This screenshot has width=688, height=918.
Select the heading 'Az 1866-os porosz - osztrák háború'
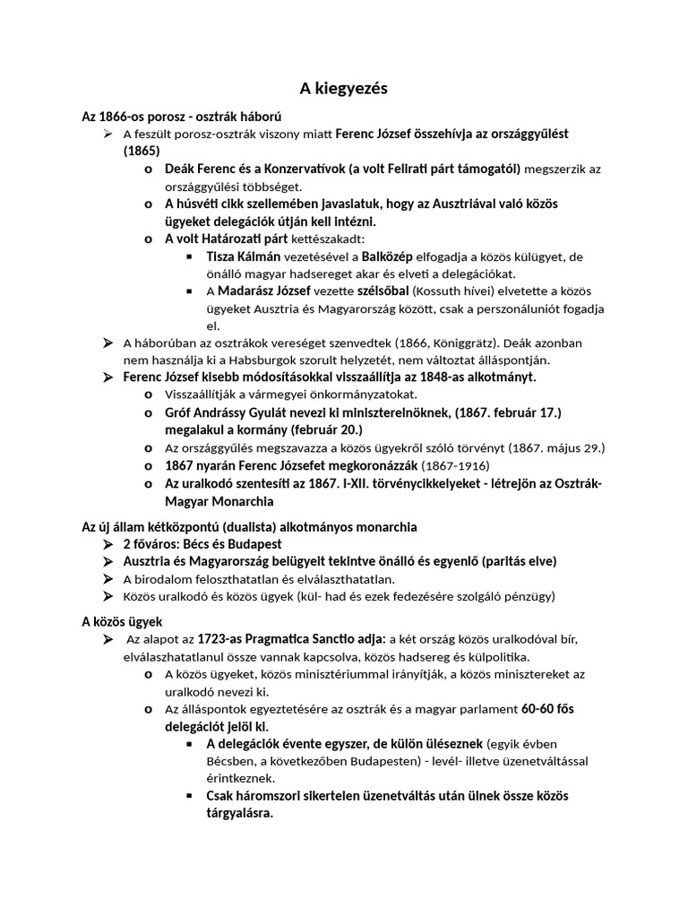pos(182,117)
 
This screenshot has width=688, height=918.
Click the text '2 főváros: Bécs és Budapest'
pos(202,544)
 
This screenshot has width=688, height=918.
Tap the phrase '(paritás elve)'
pos(518,561)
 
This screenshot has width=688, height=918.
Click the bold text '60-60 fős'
pos(548,709)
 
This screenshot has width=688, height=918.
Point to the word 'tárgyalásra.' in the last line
pos(239,813)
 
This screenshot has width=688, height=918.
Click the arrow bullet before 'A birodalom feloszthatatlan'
pos(107,579)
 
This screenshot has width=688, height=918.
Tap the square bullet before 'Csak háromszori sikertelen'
pos(189,796)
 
